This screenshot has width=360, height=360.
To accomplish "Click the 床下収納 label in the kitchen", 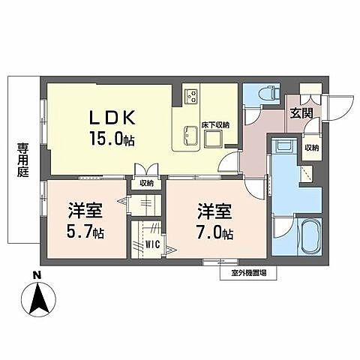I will (216, 124).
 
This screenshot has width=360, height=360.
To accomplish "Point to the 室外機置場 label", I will (247, 273).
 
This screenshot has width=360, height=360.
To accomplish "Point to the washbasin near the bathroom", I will (283, 148).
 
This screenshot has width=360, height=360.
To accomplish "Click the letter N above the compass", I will (37, 275).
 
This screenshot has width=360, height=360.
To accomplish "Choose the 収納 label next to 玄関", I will (312, 148).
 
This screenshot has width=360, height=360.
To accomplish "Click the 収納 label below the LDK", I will (145, 182).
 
